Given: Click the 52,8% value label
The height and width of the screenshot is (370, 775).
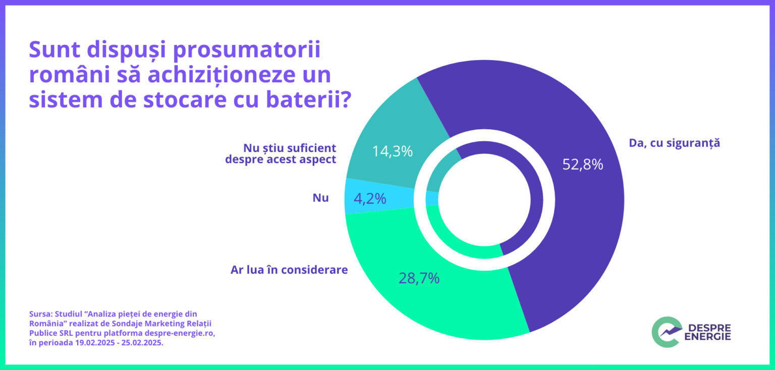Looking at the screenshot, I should (583, 165).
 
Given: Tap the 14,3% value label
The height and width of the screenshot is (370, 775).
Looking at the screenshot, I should (393, 151).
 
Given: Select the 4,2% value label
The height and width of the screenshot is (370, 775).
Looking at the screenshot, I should (370, 199).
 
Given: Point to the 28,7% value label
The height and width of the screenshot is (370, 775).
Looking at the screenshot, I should (419, 278).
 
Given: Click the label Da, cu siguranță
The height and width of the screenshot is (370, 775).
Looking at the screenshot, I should (674, 143).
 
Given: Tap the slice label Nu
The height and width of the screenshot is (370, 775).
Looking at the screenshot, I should (320, 198).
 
